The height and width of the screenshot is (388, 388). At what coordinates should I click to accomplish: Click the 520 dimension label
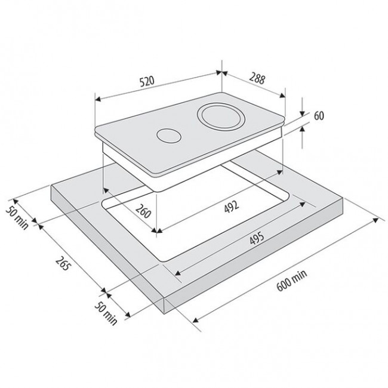point(147,81)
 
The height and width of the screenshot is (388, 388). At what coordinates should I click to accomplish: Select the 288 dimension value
point(257,78)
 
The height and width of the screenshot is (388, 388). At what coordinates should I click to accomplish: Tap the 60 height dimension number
point(319,116)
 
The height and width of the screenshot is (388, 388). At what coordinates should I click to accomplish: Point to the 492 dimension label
point(232,207)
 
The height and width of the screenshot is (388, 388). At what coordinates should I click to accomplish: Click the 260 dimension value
point(143,211)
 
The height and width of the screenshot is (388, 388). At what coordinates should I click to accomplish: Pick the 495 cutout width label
point(257,238)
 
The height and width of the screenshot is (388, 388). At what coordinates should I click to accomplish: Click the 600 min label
point(292,280)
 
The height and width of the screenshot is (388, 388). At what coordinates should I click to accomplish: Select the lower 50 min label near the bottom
point(106,313)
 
